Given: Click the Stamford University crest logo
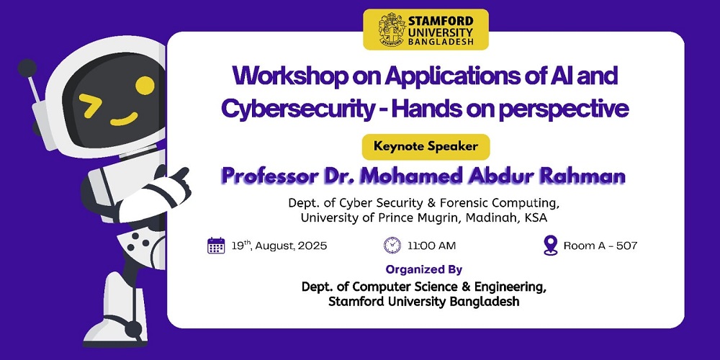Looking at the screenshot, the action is pyautogui.click(x=392, y=30).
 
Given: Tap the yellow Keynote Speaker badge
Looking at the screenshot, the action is pyautogui.click(x=426, y=147).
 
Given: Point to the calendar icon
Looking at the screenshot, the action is pyautogui.click(x=216, y=246).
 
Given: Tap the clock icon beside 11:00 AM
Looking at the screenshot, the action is pyautogui.click(x=392, y=246).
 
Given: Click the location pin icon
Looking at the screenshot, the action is pyautogui.click(x=550, y=246).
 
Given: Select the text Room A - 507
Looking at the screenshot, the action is pyautogui.click(x=600, y=246).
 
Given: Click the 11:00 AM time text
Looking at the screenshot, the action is pyautogui.click(x=431, y=246).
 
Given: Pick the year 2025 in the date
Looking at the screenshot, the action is pyautogui.click(x=312, y=246).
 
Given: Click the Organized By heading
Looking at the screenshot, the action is pyautogui.click(x=424, y=269).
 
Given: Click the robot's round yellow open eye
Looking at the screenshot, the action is pyautogui.click(x=145, y=86).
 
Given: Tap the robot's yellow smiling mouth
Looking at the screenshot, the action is pyautogui.click(x=124, y=120).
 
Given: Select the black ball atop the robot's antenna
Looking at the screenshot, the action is pyautogui.click(x=27, y=68).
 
